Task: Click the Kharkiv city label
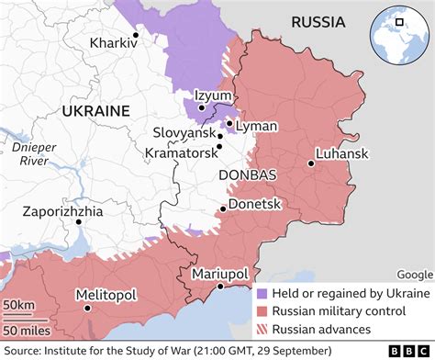click(x=109, y=42)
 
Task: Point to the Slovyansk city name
click(x=184, y=133)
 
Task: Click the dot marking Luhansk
click(x=312, y=163)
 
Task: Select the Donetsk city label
click(x=254, y=204)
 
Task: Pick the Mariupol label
click(x=218, y=274)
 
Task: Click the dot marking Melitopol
click(x=88, y=309)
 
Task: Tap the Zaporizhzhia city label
click(x=64, y=211)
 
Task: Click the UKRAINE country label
click(x=95, y=110)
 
